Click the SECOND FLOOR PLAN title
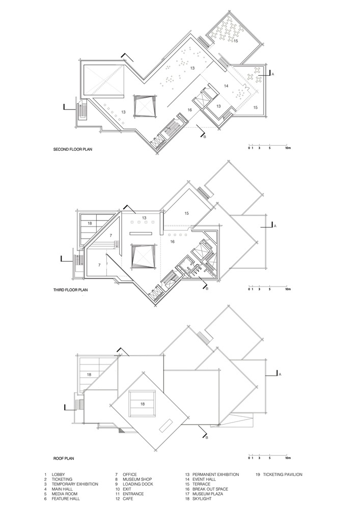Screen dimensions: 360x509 point(73,150)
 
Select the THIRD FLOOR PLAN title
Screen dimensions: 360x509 point(70,290)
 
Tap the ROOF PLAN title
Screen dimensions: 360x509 point(64,459)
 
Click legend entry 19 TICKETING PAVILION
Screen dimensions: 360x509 point(279,474)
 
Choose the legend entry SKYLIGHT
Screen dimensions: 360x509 point(202,499)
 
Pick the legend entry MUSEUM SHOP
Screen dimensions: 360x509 point(137,479)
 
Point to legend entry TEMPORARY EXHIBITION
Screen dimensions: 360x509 point(75,484)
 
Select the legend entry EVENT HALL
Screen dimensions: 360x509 point(204,479)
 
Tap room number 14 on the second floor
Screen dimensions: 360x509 point(226,86)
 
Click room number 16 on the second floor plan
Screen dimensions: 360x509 point(189,110)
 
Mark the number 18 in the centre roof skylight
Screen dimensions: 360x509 point(143,404)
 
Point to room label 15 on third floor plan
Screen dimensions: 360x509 point(187,213)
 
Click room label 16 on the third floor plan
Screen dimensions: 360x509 point(173,241)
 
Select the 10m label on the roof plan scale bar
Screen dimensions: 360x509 point(288,458)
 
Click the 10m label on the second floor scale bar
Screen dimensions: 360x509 point(288,148)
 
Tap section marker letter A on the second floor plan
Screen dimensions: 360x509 point(273,74)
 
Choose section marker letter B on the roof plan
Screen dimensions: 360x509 point(206,438)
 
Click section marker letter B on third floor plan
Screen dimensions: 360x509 point(207,289)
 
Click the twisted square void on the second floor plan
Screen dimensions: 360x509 point(145,106)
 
